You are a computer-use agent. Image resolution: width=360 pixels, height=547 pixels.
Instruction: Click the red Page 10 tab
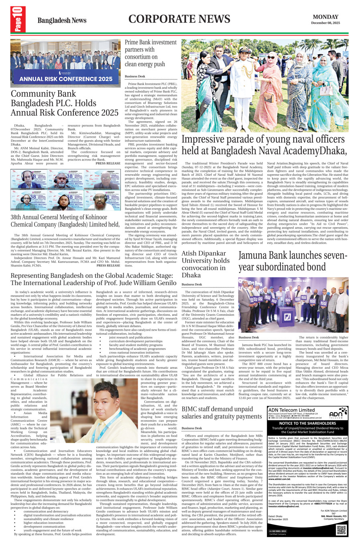18,19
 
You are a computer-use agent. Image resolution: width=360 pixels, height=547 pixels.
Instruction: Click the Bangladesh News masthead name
62,20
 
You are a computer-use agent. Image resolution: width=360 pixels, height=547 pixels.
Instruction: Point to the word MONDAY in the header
325,17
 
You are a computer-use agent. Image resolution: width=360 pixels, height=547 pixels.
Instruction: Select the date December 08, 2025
325,23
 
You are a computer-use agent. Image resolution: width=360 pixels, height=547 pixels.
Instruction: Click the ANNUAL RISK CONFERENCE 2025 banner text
66,79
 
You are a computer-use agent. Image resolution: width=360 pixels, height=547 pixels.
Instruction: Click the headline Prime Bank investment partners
151,53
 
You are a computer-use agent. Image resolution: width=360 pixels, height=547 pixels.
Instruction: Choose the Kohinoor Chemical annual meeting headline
65,221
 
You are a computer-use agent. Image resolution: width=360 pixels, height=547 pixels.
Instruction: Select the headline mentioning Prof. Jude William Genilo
94,279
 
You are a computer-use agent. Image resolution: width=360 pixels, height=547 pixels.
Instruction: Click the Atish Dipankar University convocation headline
205,264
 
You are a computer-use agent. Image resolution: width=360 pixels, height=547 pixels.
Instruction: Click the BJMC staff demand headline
222,413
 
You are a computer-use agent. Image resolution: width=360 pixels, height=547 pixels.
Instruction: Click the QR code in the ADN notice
341,530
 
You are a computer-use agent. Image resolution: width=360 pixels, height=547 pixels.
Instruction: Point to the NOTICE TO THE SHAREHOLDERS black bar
307,423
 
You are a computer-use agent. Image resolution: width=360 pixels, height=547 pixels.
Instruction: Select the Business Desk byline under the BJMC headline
191,428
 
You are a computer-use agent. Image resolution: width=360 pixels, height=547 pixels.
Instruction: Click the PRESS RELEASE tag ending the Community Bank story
108,163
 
